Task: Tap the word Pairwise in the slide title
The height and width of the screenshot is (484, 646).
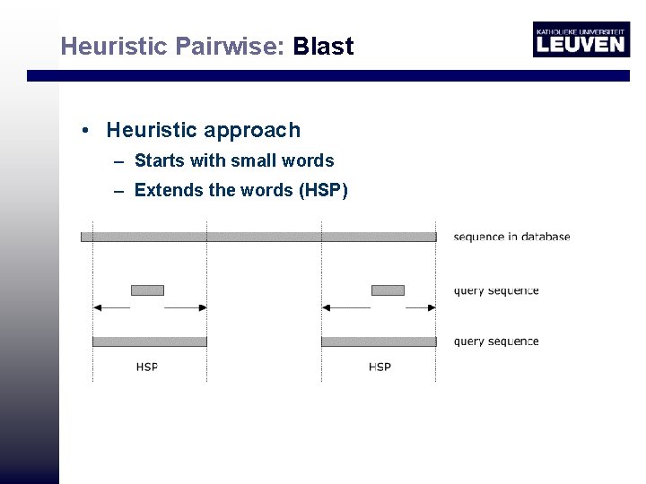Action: (x=230, y=47)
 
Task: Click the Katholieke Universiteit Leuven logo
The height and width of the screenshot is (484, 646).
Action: (x=581, y=39)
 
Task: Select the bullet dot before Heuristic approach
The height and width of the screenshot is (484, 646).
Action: (x=83, y=131)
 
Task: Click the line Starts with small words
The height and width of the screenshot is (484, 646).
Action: (x=233, y=161)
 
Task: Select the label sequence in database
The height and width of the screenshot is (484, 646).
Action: (x=511, y=238)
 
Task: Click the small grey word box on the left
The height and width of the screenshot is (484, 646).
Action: (x=147, y=290)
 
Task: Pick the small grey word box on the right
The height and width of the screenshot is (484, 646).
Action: (x=388, y=290)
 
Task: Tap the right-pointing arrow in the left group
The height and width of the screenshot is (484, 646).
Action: (x=187, y=307)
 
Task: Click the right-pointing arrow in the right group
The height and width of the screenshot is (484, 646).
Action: (x=421, y=307)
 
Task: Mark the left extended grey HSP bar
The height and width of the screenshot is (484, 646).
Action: (x=150, y=341)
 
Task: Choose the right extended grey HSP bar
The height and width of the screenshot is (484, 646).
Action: (x=379, y=341)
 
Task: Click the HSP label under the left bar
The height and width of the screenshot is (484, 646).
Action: (x=147, y=367)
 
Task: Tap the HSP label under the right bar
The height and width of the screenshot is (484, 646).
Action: (x=380, y=367)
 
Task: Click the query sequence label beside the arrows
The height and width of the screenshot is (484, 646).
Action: (x=496, y=290)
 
